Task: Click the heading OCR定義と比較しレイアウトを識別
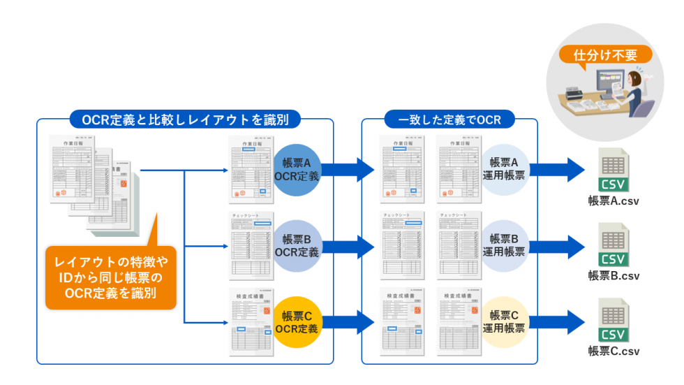click(x=185, y=119)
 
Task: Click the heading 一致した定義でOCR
click(x=449, y=119)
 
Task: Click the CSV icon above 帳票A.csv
click(x=614, y=171)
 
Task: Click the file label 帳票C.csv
click(x=614, y=351)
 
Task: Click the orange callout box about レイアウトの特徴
click(x=111, y=277)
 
